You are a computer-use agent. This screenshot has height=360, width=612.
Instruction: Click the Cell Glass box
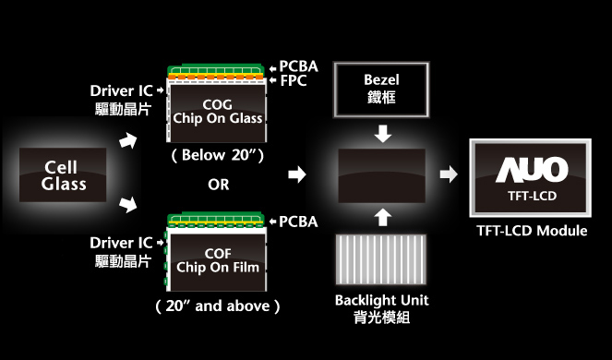64,175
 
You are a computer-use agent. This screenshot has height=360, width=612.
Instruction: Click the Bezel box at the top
380,90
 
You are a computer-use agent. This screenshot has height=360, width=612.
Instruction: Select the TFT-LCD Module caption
531,231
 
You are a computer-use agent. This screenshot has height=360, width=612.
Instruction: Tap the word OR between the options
219,184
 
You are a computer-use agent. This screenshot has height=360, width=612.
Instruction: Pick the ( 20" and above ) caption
219,305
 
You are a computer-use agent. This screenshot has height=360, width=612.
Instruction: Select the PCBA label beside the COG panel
297,66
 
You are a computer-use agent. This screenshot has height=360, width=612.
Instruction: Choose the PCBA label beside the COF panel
297,222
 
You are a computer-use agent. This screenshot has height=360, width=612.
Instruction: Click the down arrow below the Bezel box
382,134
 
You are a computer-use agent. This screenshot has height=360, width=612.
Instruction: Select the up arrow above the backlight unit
382,217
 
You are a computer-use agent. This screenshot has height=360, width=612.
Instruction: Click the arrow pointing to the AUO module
447,174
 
